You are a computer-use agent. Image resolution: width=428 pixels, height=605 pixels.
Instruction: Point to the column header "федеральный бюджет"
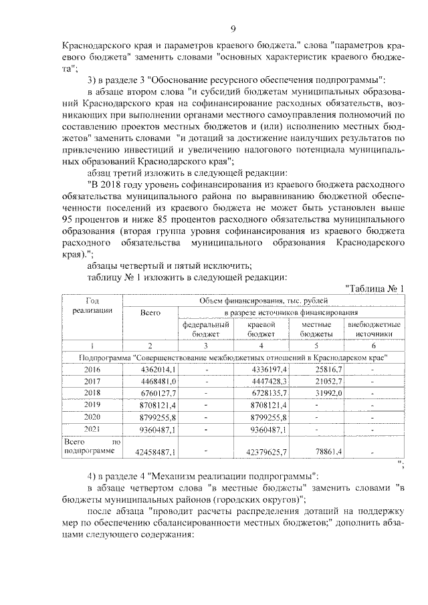tap(207, 328)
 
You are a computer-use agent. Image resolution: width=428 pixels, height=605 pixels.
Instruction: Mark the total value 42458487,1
tap(154, 453)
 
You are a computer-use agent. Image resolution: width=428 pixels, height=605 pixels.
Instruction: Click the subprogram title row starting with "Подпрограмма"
tap(233, 358)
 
